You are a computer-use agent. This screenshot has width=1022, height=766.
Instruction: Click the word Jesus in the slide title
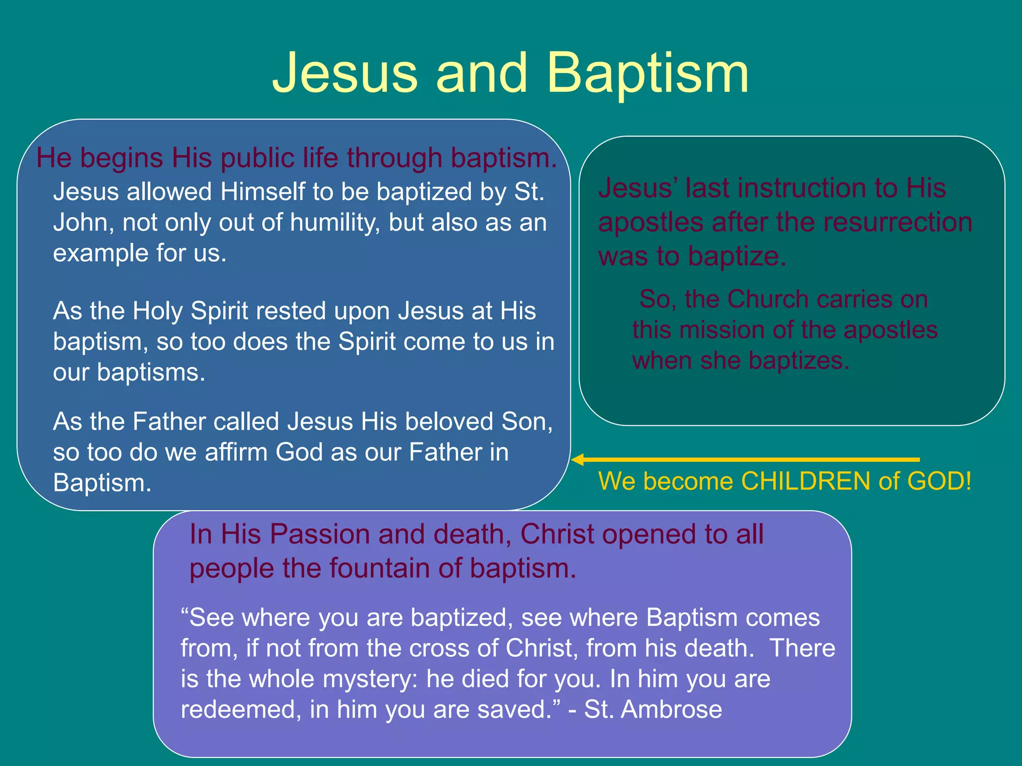[x=345, y=73]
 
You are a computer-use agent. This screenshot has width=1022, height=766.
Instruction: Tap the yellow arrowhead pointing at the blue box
[x=578, y=460]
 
